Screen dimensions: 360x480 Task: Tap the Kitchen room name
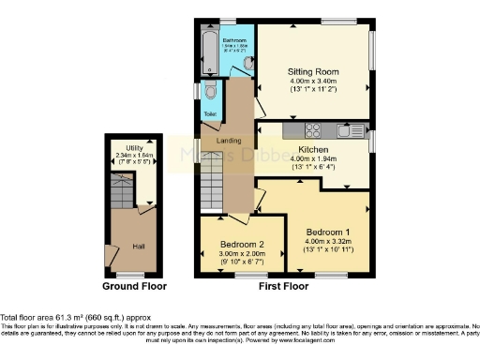pos(312,149)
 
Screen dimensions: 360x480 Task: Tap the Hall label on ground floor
pos(137,246)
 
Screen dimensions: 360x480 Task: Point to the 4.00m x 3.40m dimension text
pos(314,81)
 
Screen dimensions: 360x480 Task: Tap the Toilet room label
pos(210,114)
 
